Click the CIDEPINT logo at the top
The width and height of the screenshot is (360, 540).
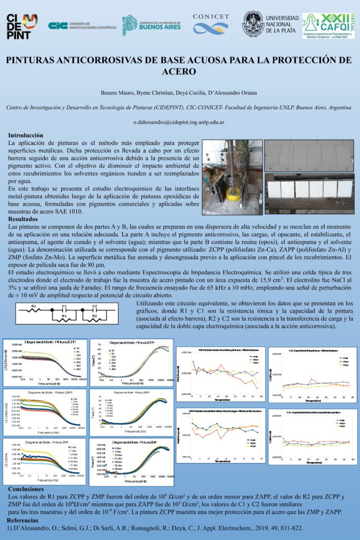[x=22, y=26]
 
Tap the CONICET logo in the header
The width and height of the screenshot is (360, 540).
[x=211, y=24]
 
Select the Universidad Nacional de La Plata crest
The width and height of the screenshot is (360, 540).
[x=254, y=24]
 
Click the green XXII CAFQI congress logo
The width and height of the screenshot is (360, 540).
[x=328, y=26]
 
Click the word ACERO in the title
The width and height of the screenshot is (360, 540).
[x=180, y=71]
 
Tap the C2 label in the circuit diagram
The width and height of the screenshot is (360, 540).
[x=95, y=305]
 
